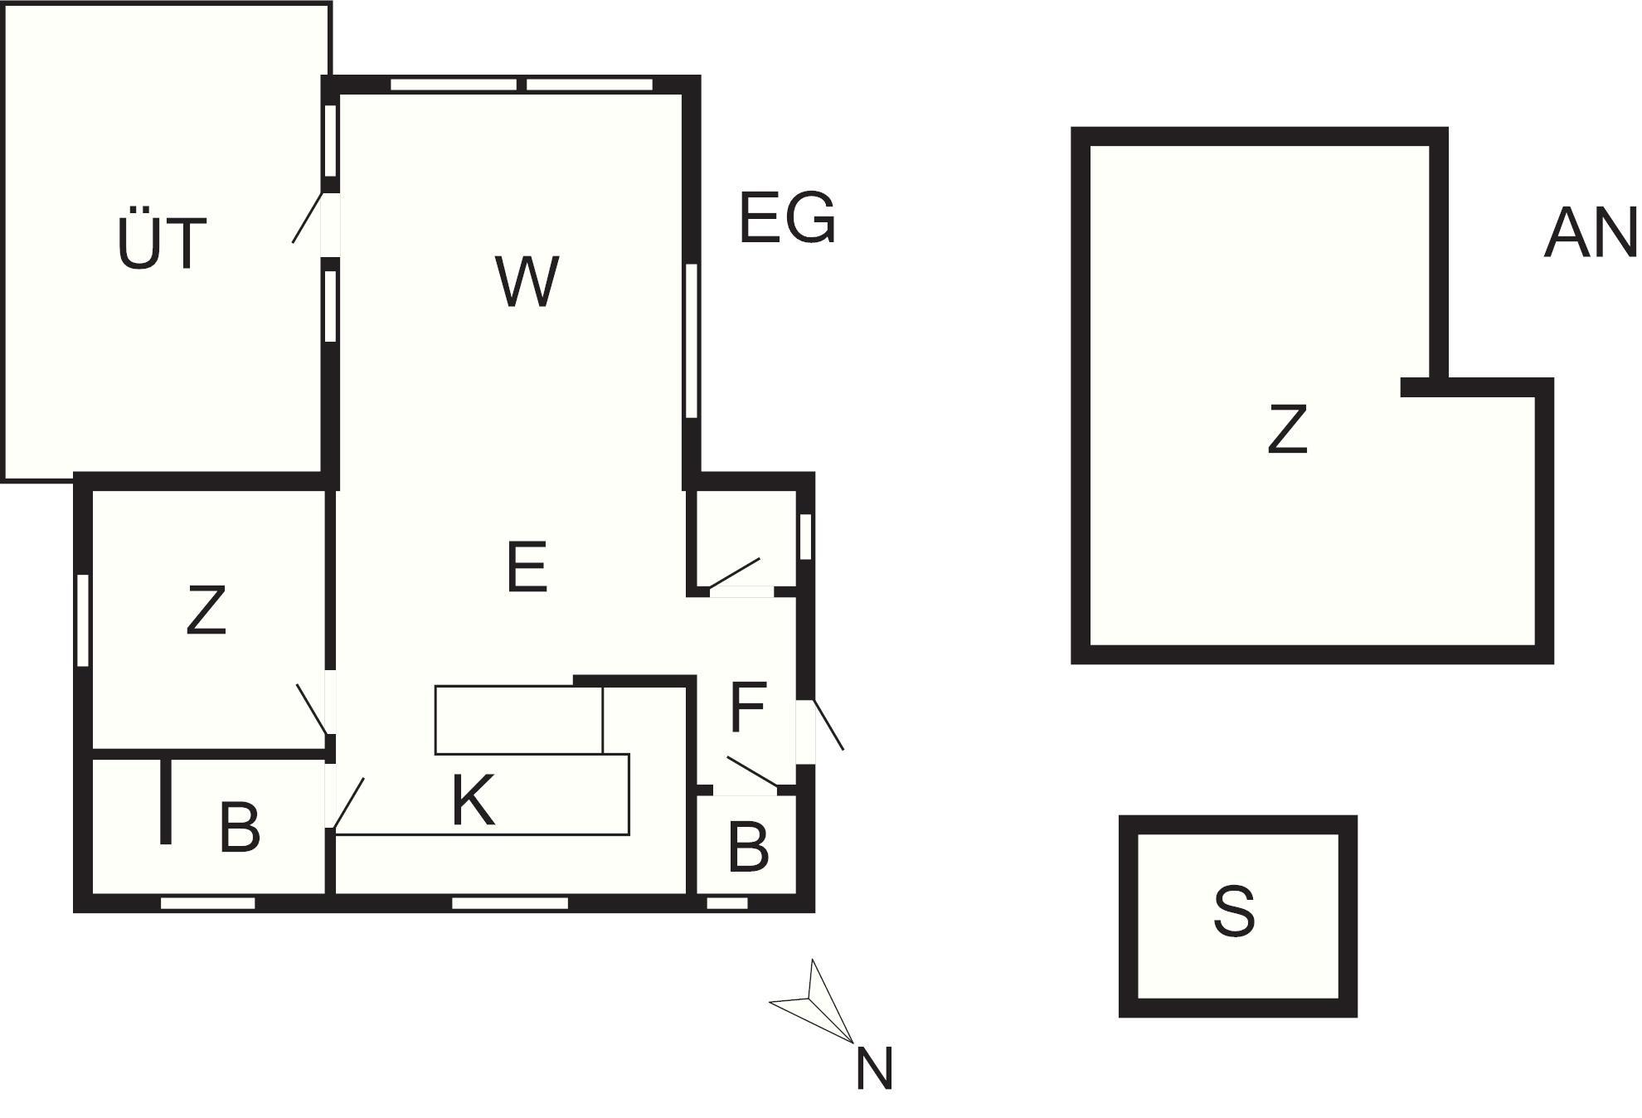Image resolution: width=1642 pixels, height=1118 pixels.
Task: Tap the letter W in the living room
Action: pyautogui.click(x=527, y=282)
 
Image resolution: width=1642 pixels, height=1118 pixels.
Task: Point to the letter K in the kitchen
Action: pyautogui.click(x=474, y=800)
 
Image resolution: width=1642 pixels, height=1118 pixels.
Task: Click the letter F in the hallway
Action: pyautogui.click(x=748, y=707)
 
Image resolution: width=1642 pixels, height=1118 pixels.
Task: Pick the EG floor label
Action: pyautogui.click(x=787, y=217)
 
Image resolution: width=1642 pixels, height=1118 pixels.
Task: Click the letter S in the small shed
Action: pyautogui.click(x=1234, y=911)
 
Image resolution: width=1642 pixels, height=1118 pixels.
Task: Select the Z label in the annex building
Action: pyautogui.click(x=1287, y=429)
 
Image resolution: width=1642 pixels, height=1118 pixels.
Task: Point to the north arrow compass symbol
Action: pyautogui.click(x=812, y=1001)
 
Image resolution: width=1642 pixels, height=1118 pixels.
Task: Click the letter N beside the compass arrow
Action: pyautogui.click(x=874, y=1069)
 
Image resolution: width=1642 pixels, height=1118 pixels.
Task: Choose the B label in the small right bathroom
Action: pyautogui.click(x=748, y=847)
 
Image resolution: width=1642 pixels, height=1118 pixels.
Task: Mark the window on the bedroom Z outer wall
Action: pyautogui.click(x=83, y=620)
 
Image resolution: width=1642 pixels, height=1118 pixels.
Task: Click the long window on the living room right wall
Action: pyautogui.click(x=692, y=340)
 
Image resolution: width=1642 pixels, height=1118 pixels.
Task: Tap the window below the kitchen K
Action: pyautogui.click(x=510, y=903)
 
